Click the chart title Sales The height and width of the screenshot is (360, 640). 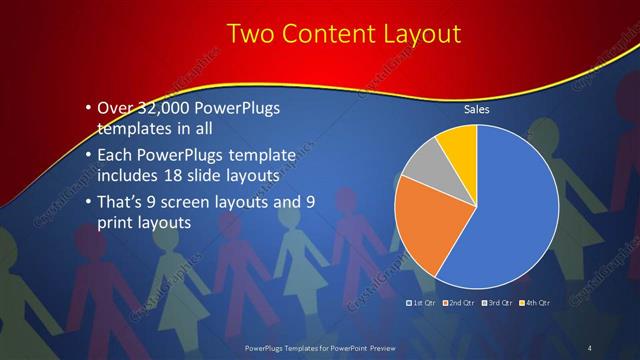tap(477, 111)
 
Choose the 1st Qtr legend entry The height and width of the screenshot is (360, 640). tap(420, 301)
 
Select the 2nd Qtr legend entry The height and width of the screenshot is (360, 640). tap(458, 301)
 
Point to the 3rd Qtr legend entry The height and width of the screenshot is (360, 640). tap(497, 301)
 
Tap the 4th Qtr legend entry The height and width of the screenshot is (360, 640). tap(535, 301)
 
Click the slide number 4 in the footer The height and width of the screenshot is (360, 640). tap(590, 347)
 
